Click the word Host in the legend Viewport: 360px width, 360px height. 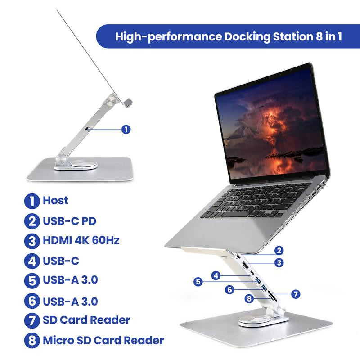(55, 200)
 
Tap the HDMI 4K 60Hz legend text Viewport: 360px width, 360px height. (81, 240)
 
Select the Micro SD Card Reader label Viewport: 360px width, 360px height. (103, 340)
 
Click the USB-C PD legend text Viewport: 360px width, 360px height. (69, 221)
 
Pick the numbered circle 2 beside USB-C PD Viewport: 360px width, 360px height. (32, 221)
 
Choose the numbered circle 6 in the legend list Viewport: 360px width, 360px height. (32, 301)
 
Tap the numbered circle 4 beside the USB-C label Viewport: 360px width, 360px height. (32, 261)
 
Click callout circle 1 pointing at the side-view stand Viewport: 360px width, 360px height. (126, 129)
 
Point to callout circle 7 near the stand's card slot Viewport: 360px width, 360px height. (296, 294)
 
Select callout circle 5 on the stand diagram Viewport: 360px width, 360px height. (198, 282)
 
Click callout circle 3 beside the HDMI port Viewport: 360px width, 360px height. (279, 262)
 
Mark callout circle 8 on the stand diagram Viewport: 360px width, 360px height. (249, 298)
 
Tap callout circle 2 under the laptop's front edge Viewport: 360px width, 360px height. (279, 250)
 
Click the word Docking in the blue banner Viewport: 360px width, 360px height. (247, 37)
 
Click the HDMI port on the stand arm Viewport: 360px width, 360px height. (245, 266)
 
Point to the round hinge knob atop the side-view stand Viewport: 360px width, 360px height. (110, 101)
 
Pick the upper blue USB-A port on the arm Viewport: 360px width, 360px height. (258, 280)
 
